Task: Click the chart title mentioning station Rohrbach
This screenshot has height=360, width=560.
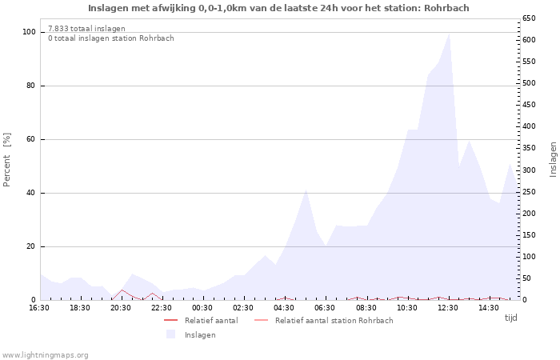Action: tap(278, 8)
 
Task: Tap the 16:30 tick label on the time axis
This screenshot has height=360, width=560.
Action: tap(39, 308)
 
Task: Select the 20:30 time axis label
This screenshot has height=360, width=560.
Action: tap(121, 308)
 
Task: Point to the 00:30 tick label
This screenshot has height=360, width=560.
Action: tap(202, 308)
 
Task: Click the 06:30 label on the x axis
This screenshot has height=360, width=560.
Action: tap(325, 308)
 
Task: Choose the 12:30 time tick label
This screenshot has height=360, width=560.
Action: tap(447, 308)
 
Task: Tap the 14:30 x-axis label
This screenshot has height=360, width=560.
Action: tap(488, 308)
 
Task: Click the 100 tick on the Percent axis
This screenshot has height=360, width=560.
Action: tap(29, 32)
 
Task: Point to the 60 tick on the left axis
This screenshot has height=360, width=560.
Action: tap(31, 139)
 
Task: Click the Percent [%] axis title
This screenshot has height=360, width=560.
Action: tap(7, 160)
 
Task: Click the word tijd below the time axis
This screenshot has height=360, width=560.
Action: tap(510, 318)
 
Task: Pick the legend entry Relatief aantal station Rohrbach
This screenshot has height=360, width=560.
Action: tap(334, 320)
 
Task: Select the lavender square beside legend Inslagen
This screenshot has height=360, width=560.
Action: tap(170, 334)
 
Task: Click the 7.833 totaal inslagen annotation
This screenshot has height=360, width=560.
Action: tap(86, 28)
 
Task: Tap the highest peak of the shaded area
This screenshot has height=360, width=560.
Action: tap(449, 34)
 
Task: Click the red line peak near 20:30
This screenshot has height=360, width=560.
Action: tap(122, 290)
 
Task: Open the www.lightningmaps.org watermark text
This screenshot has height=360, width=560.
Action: tap(45, 354)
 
